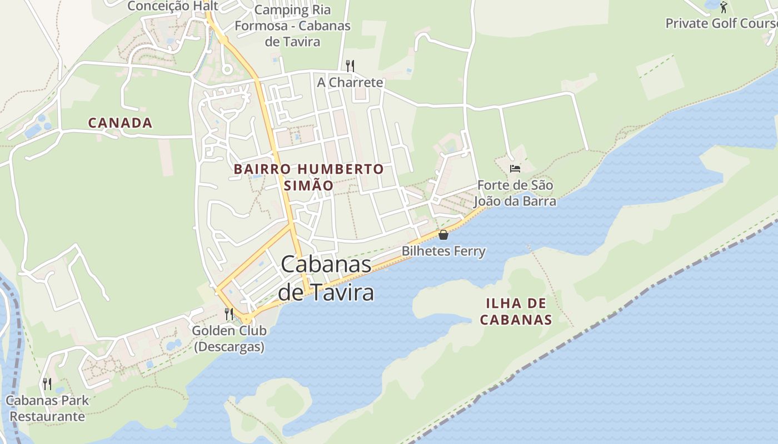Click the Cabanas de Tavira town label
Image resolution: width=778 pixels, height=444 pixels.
[x=326, y=278]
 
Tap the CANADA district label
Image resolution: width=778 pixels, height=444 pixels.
[x=120, y=123]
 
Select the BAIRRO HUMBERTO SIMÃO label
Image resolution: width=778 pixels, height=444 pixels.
[x=308, y=176]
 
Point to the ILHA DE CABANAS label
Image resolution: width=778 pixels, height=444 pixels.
[x=516, y=311]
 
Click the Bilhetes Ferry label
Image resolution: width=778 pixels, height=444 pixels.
[x=443, y=251]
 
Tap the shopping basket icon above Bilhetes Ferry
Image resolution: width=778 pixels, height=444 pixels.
[x=443, y=235]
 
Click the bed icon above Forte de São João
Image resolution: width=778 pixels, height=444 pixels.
[x=515, y=168]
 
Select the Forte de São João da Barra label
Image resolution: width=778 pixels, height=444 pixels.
[x=515, y=193]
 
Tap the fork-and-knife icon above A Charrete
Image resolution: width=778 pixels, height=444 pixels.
[x=350, y=66]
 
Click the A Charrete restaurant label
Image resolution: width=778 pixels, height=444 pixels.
[x=350, y=83]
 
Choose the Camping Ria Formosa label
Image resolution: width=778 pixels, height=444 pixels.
[x=292, y=26]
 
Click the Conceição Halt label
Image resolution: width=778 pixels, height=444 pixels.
[x=173, y=6]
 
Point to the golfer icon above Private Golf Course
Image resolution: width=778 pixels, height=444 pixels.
[x=723, y=7]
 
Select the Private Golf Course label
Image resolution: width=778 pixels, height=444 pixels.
[x=721, y=23]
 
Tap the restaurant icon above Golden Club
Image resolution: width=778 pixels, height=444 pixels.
[x=228, y=314]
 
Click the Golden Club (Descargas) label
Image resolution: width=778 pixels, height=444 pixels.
[x=229, y=339]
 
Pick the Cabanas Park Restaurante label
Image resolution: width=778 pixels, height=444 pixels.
[x=47, y=408]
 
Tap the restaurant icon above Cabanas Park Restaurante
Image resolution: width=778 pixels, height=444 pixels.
[x=47, y=384]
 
